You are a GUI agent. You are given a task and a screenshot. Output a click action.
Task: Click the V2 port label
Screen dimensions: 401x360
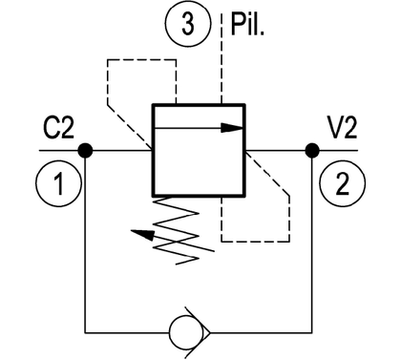(342, 128)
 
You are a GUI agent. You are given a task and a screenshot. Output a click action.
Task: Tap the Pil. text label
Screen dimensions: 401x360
(247, 25)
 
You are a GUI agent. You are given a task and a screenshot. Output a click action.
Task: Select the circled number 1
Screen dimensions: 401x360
(58, 182)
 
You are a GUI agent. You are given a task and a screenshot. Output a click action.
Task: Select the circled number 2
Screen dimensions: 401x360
(343, 182)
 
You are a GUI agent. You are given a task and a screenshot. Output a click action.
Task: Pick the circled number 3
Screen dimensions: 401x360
(188, 23)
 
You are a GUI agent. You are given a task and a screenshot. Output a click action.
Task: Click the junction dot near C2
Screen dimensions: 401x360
(85, 150)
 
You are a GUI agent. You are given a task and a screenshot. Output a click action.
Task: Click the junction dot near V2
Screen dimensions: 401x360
(312, 150)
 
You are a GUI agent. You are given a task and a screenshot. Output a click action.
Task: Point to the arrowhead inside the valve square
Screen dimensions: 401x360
(232, 128)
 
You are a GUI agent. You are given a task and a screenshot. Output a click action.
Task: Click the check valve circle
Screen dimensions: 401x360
(186, 332)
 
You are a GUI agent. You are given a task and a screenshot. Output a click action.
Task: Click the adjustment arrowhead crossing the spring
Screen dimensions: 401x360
(142, 235)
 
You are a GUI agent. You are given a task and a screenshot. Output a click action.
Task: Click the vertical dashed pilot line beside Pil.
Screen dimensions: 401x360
(221, 59)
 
